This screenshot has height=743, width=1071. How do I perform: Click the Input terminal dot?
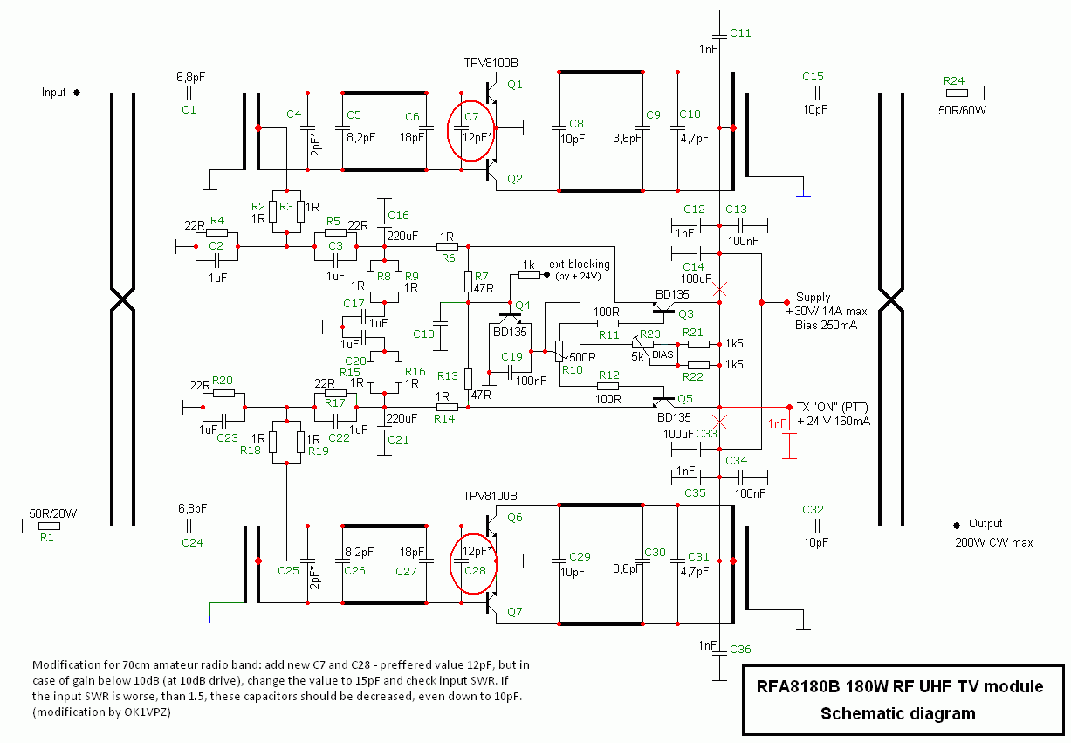pos(77,93)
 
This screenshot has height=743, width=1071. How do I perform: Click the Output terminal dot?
pos(957,526)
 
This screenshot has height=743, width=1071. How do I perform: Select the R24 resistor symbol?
pos(957,93)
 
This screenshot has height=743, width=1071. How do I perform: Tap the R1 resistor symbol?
pos(49,526)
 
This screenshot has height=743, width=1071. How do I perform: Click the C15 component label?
pos(813,77)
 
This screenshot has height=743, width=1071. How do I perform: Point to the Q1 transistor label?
pos(515,85)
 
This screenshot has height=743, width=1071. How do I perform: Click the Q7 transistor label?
pos(515,611)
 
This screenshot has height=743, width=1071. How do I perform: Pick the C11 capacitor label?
pos(740,33)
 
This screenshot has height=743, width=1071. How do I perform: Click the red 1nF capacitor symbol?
pos(789,432)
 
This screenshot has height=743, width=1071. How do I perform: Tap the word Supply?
pos(813,298)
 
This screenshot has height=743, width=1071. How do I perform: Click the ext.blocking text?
pos(580,264)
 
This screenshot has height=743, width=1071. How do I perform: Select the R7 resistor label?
pos(482,277)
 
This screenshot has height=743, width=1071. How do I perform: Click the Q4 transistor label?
pos(523,305)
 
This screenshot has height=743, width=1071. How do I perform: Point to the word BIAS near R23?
pos(663,354)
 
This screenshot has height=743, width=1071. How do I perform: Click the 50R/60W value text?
pos(962,110)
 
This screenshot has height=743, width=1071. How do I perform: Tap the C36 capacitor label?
pos(740,650)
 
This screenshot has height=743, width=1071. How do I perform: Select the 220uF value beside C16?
pos(402,236)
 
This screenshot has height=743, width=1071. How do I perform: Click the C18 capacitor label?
pos(423,334)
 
